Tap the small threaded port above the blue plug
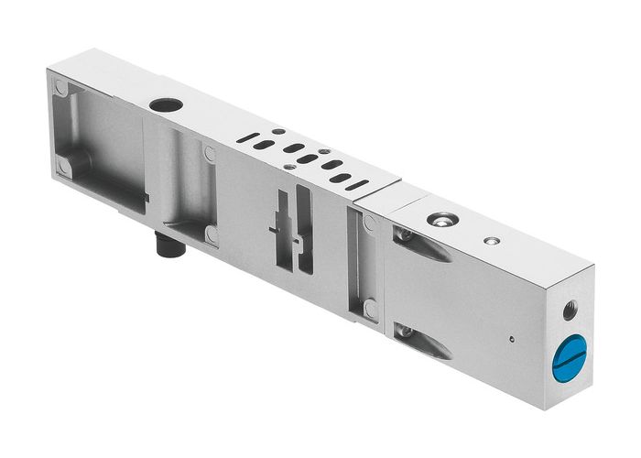point(570,311)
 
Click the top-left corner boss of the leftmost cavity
point(61,89)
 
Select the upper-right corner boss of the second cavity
point(210,155)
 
